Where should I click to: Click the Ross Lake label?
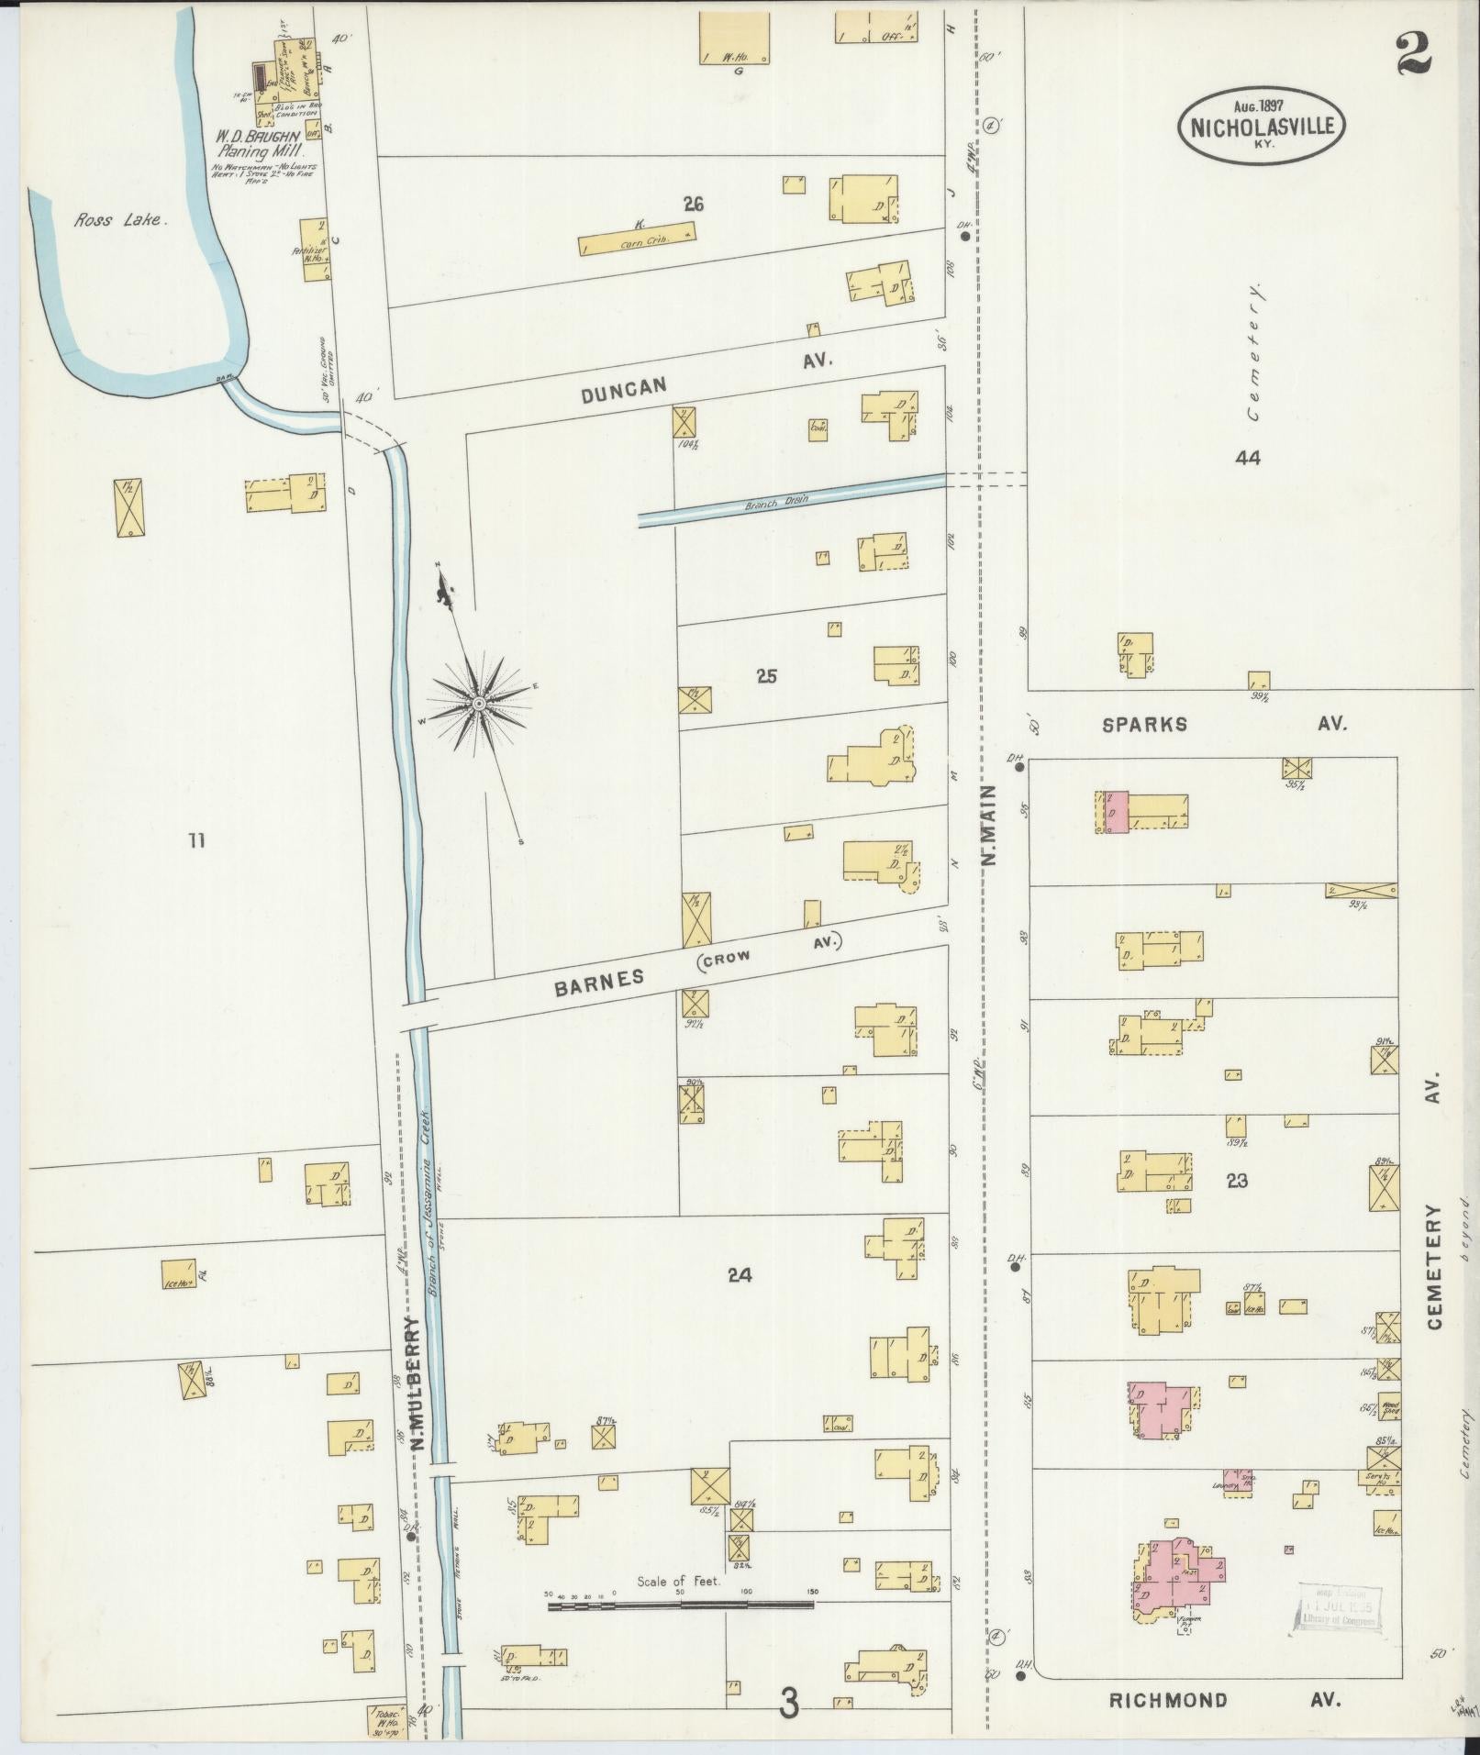click(119, 220)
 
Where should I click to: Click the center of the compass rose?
click(478, 703)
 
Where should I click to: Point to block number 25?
click(767, 676)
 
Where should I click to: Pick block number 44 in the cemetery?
click(1247, 457)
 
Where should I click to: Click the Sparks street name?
click(1144, 724)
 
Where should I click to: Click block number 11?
click(196, 839)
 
